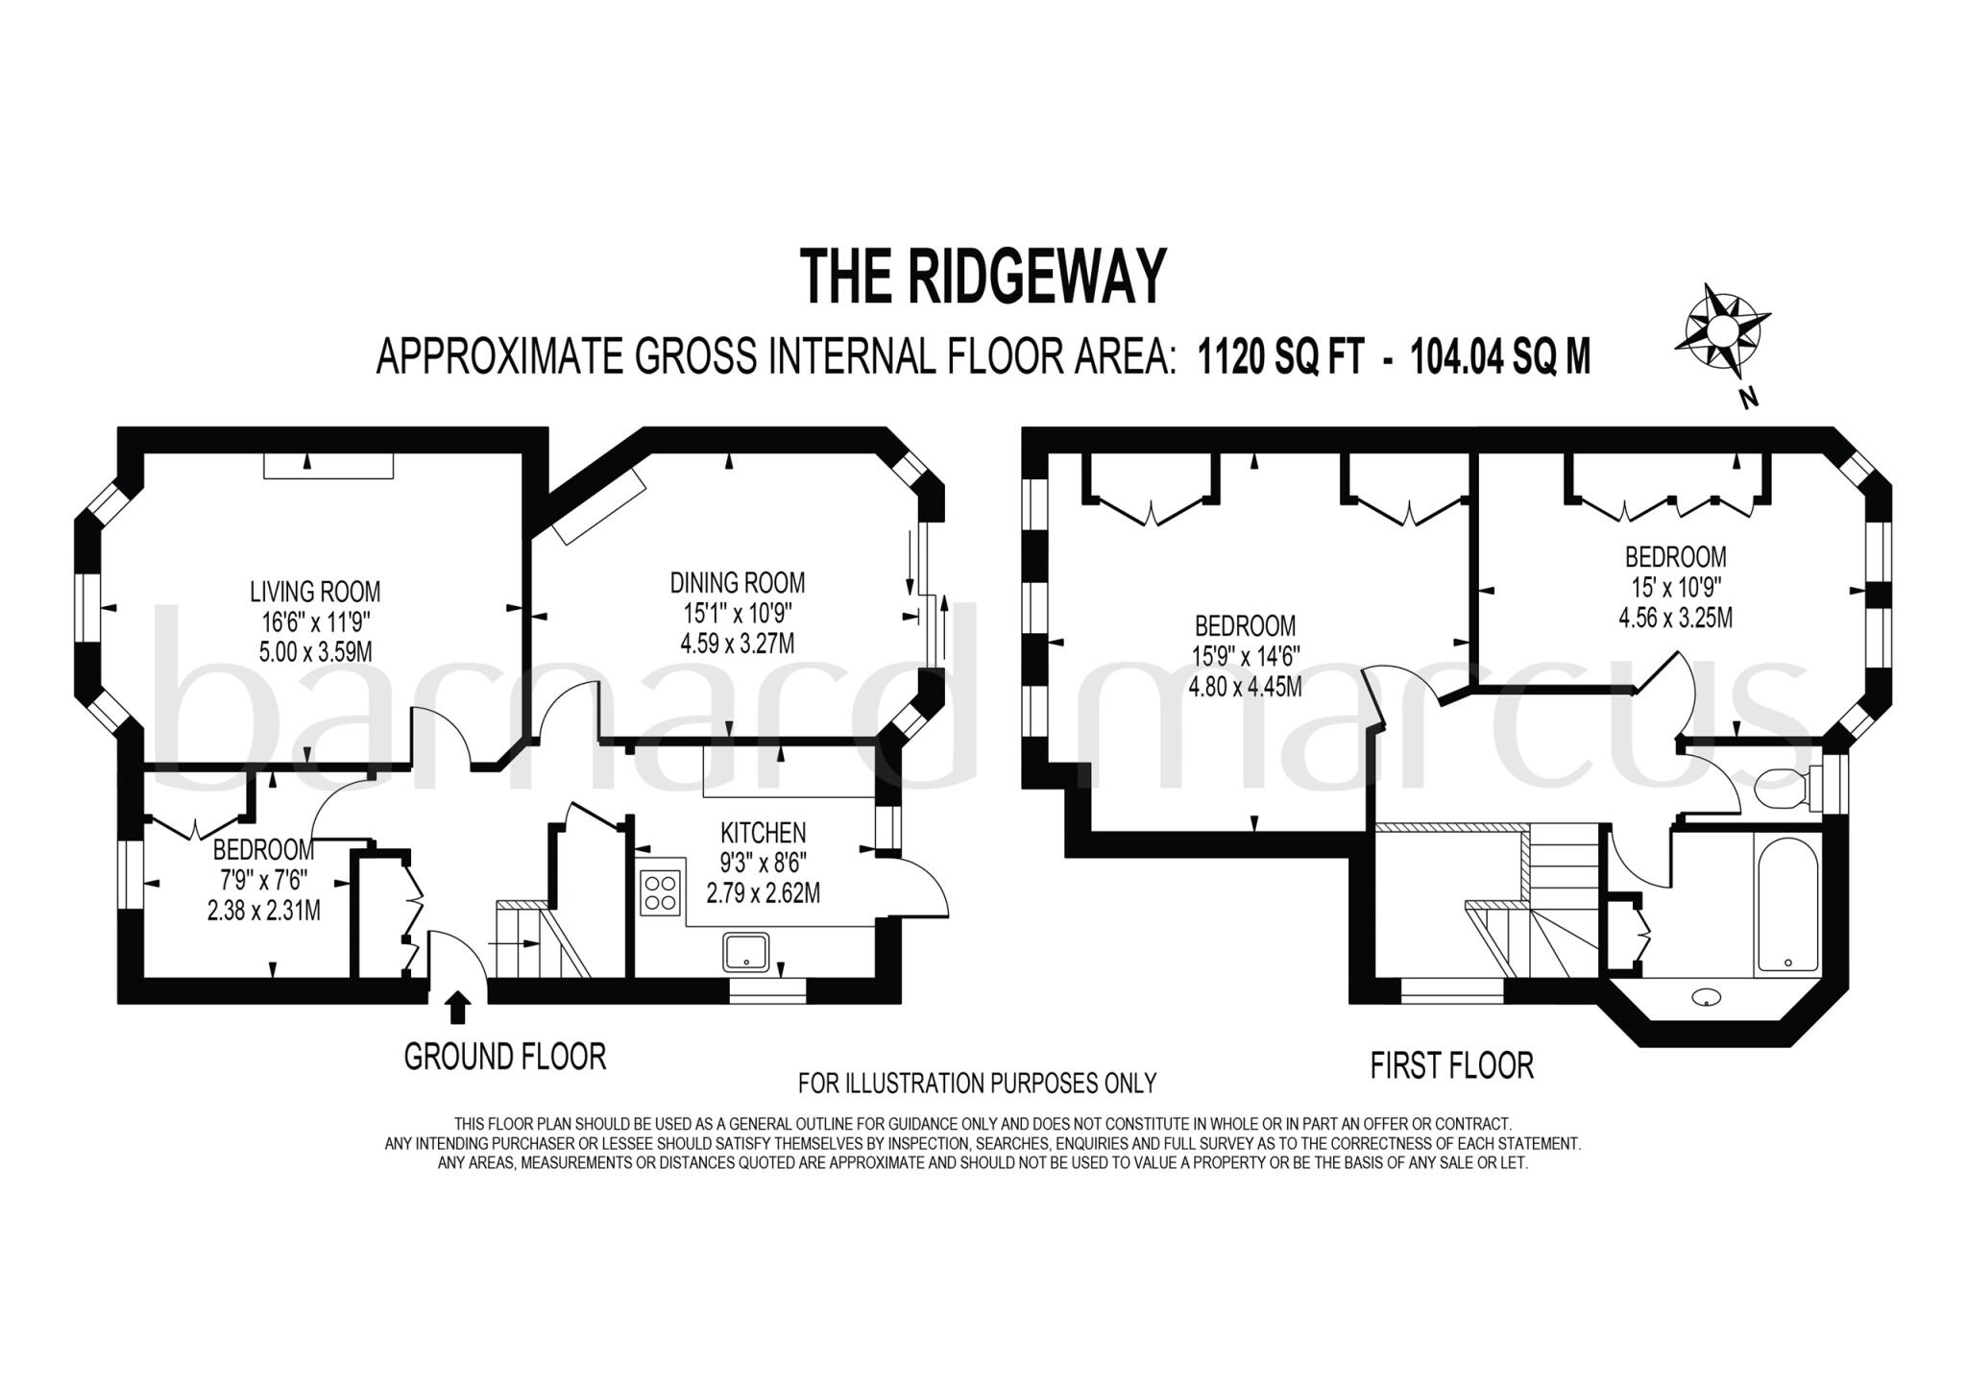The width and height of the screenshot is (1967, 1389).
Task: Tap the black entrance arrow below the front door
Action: tap(458, 1008)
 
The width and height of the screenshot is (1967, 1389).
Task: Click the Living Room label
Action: tap(315, 591)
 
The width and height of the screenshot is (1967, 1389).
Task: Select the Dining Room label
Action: tap(737, 582)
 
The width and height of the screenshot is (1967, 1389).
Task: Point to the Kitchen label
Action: tap(763, 832)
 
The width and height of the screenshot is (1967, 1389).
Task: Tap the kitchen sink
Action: tap(746, 951)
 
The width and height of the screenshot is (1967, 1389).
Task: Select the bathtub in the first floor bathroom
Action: tap(1787, 902)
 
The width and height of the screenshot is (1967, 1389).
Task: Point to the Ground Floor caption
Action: tap(504, 1057)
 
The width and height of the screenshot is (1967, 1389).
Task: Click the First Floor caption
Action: tap(1451, 1065)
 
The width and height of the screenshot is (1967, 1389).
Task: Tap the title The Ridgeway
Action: tap(983, 277)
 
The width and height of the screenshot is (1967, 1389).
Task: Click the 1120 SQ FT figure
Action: tap(1279, 357)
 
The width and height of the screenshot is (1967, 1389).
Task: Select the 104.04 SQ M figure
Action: tap(1500, 357)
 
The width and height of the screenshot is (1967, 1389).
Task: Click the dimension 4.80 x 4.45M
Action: tap(1245, 687)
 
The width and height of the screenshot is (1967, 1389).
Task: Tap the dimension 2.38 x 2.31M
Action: tap(263, 909)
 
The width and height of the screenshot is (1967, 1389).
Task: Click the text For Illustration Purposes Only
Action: tap(977, 1084)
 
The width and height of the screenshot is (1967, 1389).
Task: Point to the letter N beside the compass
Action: tap(1749, 398)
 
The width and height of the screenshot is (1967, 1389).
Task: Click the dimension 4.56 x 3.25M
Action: tap(1675, 618)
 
